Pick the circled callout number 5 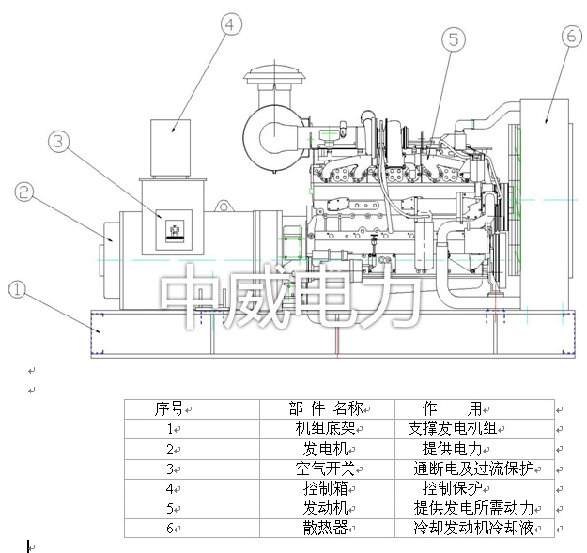point(455,39)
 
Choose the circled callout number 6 point(571,37)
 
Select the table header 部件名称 point(325,408)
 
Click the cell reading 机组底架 point(324,428)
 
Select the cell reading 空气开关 point(324,468)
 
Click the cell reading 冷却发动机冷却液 point(473,528)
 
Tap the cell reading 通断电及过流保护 point(473,468)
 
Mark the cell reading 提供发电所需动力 point(473,508)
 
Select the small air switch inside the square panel point(176,229)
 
